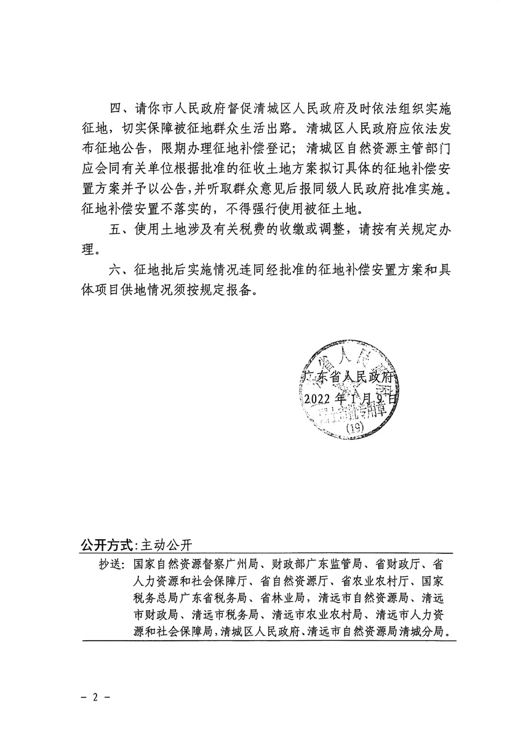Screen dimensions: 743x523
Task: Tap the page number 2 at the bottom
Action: click(95, 699)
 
